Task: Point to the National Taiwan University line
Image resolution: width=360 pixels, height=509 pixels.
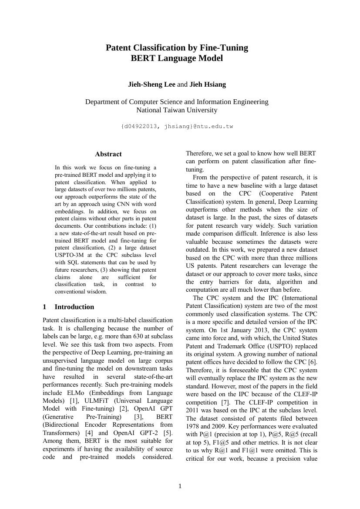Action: pos(177,110)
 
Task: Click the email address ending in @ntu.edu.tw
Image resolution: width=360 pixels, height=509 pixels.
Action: pos(177,126)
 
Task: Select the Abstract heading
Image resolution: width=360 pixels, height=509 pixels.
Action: pos(108,154)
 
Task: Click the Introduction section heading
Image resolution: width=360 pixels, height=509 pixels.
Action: pos(74,307)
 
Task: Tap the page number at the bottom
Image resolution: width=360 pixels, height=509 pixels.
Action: pos(180,486)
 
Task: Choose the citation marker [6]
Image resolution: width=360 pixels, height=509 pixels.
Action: pos(313,362)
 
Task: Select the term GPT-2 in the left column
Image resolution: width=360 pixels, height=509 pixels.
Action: pos(163,433)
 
